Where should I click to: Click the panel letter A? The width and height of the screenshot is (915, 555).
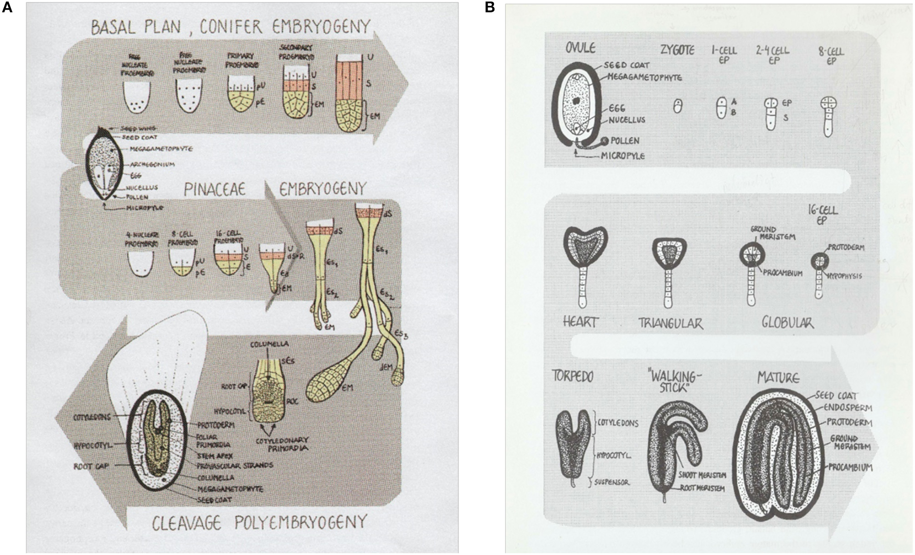7,8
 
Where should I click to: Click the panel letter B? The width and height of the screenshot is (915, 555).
490,8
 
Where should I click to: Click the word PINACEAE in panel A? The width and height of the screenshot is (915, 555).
215,189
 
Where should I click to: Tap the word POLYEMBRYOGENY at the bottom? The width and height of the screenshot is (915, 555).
301,522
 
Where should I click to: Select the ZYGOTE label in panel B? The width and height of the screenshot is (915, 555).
677,51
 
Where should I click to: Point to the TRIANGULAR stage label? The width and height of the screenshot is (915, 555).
670,323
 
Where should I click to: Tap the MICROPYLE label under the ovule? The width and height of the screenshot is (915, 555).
622,156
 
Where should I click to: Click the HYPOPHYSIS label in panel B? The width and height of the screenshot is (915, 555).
845,276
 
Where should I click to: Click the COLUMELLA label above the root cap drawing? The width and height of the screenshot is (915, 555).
269,344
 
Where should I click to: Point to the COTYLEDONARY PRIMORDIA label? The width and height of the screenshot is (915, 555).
282,444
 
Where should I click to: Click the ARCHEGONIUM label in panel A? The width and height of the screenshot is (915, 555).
152,164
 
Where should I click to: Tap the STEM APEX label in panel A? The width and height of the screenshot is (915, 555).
215,455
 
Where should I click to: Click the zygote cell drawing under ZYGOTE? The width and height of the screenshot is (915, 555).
678,106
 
